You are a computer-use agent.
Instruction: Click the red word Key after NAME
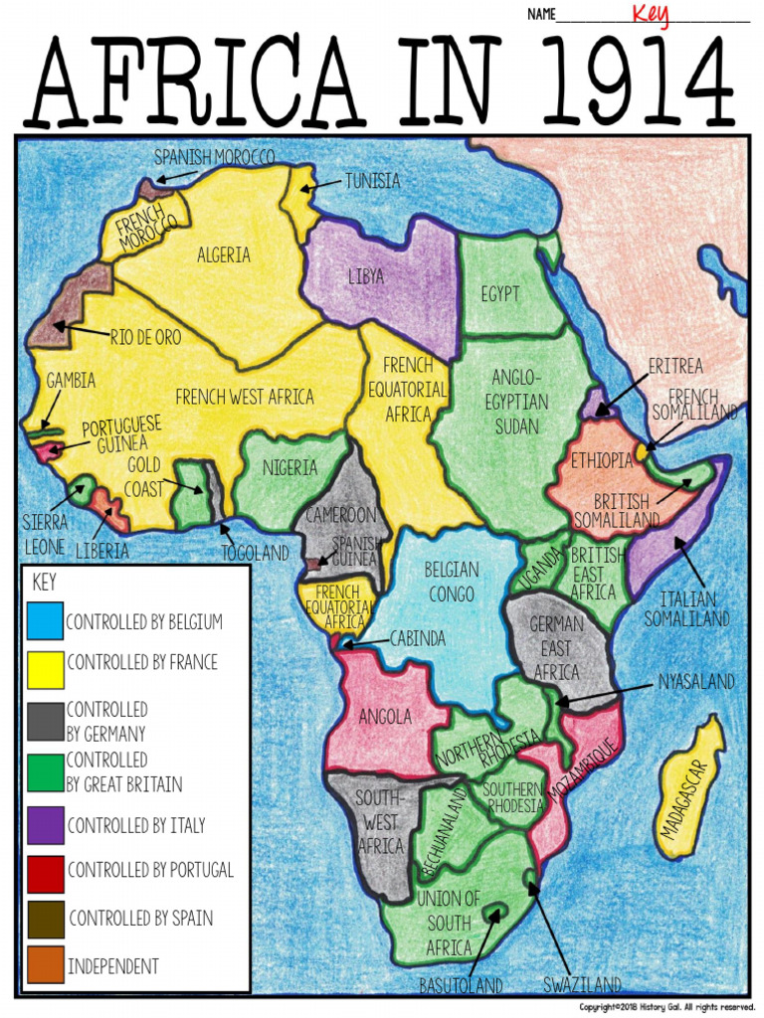651,15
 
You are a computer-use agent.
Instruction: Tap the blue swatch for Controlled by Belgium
45,621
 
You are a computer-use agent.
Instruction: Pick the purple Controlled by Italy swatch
45,824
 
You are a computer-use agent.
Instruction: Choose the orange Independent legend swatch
45,965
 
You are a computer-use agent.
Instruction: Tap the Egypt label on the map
499,294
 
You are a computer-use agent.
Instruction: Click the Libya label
365,276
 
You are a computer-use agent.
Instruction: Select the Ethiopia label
601,460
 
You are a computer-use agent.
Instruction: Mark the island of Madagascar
690,785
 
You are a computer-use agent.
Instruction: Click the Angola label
385,716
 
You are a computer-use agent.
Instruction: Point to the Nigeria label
289,468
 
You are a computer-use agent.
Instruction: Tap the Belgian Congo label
451,583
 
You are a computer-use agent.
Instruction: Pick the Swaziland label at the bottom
582,985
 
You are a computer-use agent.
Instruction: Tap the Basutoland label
461,986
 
